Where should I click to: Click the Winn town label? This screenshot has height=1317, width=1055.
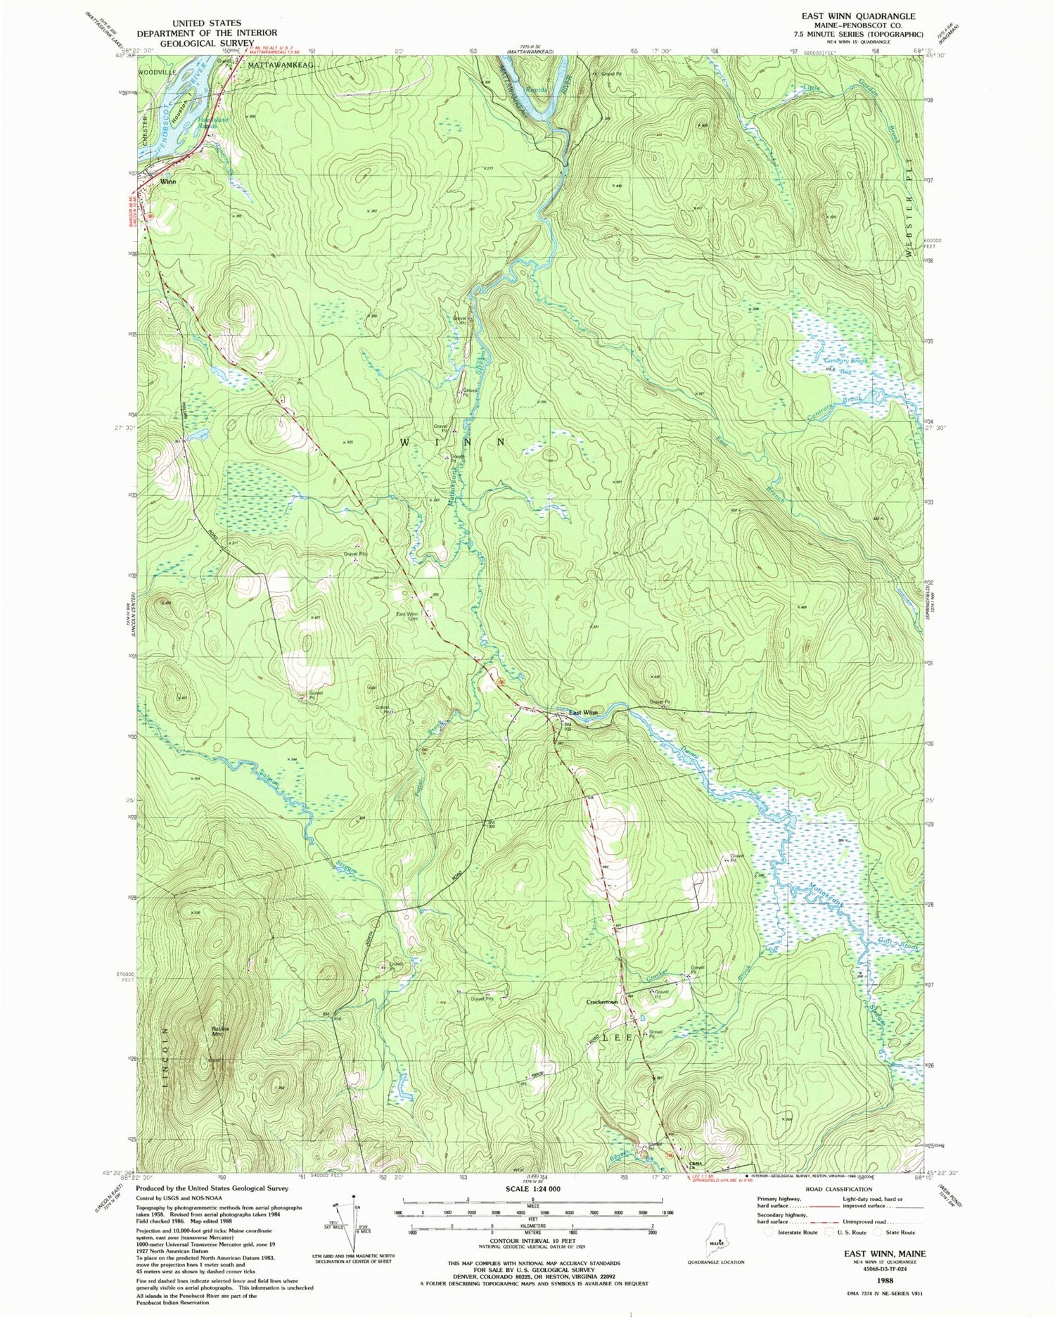click(x=167, y=182)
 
